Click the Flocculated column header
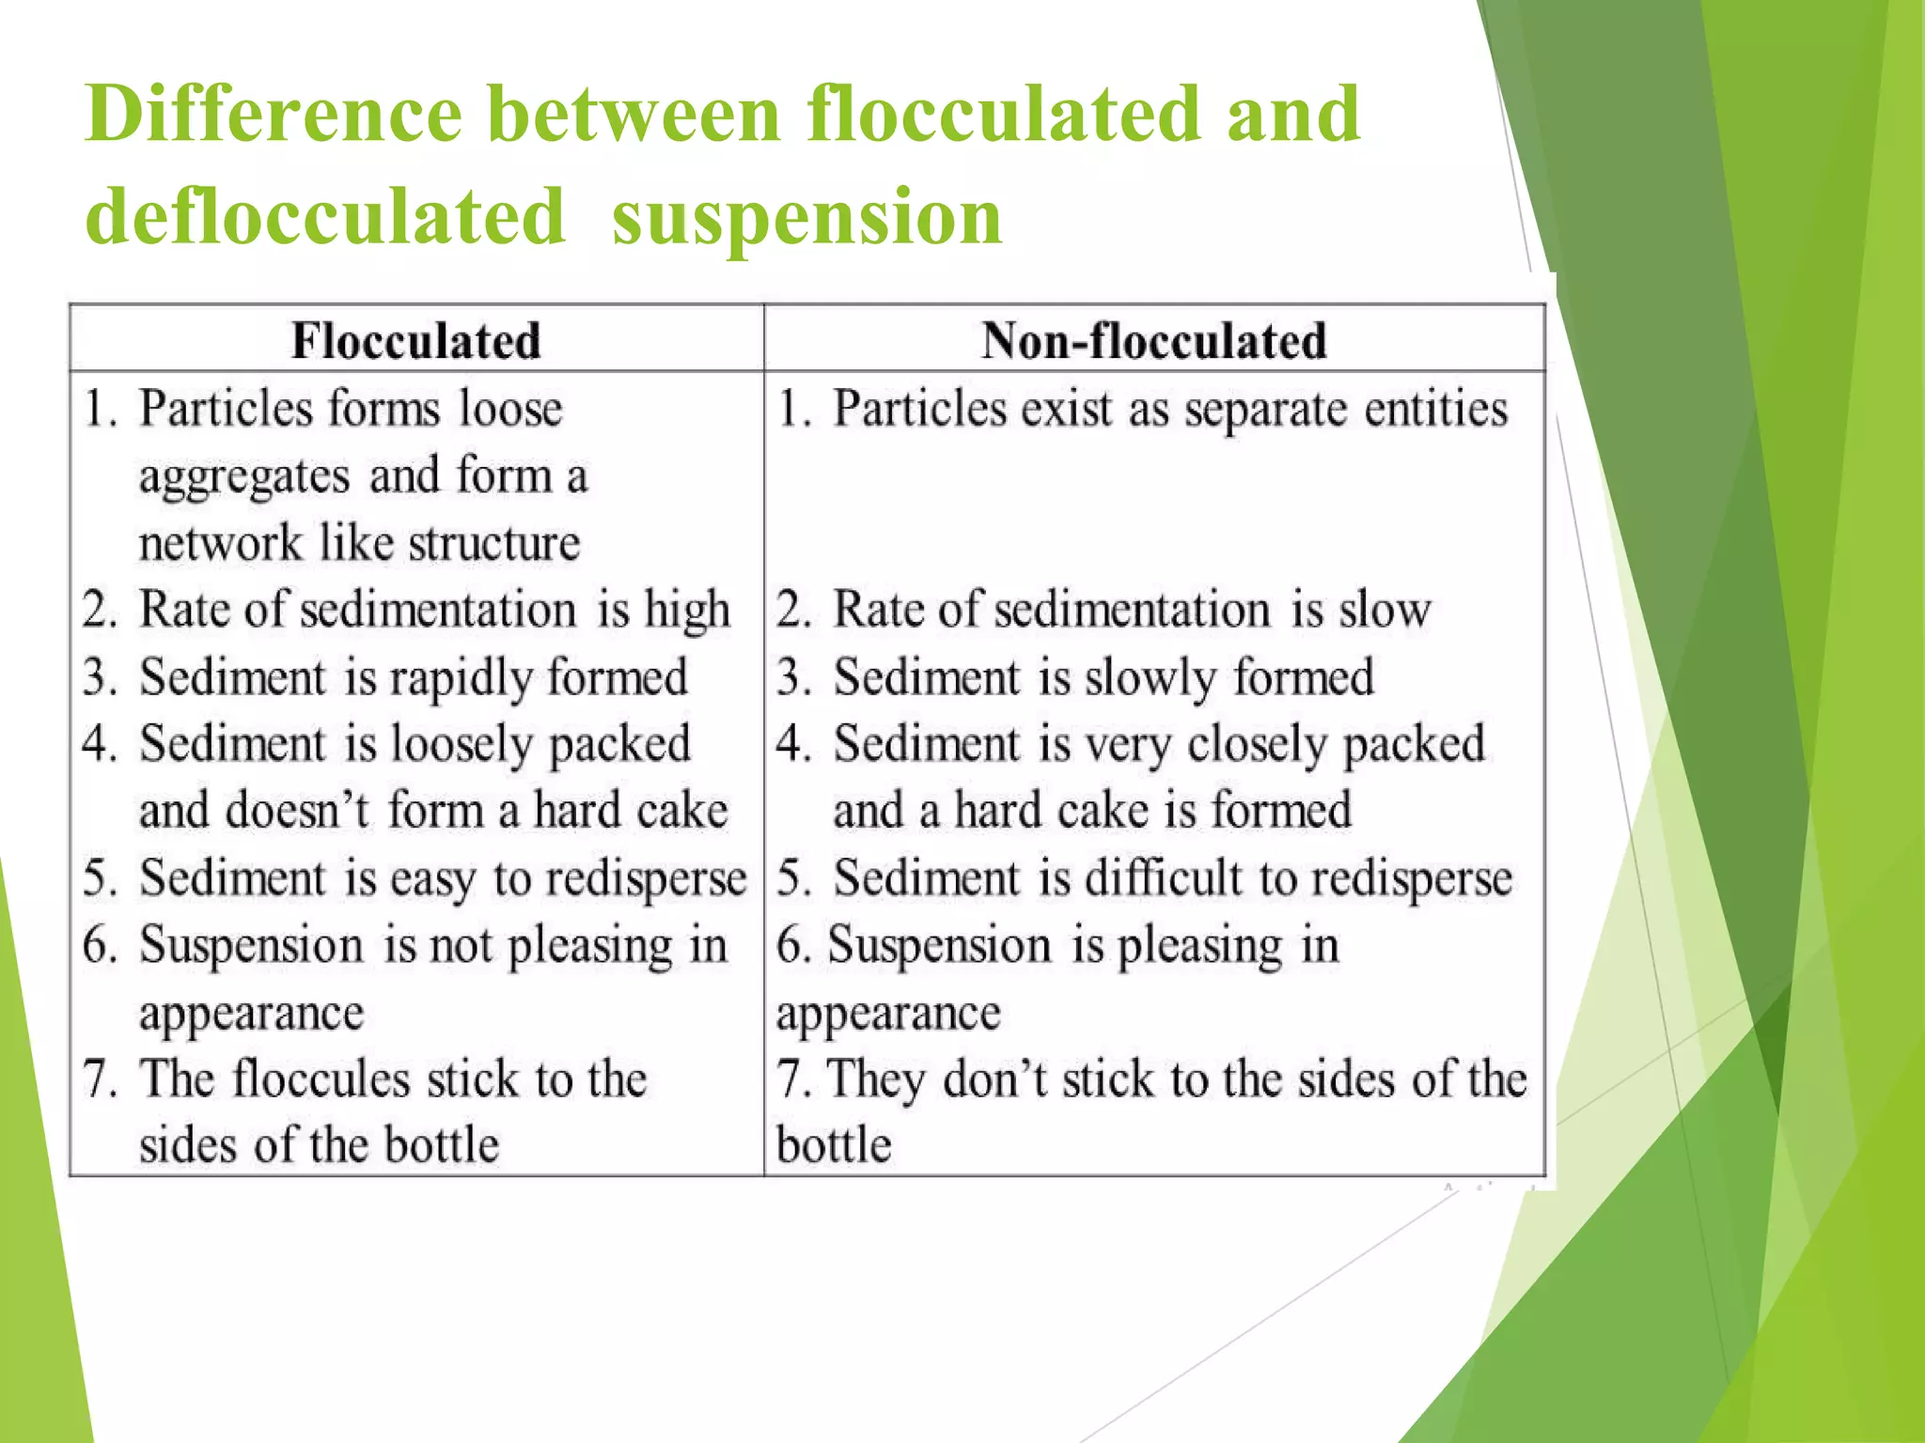pyautogui.click(x=415, y=340)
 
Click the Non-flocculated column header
pyautogui.click(x=1153, y=340)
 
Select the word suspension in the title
pyautogui.click(x=806, y=216)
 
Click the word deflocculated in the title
pyautogui.click(x=324, y=216)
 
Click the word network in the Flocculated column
pyautogui.click(x=220, y=543)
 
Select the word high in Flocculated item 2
pyautogui.click(x=686, y=611)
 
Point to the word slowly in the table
pyautogui.click(x=1150, y=678)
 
